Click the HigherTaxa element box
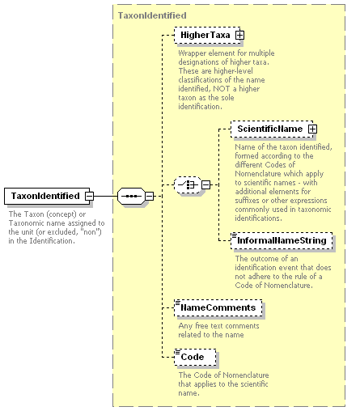[x=207, y=35]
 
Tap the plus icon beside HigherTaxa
[x=239, y=35]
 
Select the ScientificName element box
[x=272, y=129]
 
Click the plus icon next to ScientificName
[x=312, y=129]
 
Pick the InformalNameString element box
[x=282, y=240]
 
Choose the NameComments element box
[x=218, y=307]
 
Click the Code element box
[x=195, y=357]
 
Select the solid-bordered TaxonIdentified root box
[x=47, y=196]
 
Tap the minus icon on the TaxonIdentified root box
[x=89, y=196]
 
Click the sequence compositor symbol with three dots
[x=131, y=196]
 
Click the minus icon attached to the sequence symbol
[x=149, y=196]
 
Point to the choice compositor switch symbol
[x=188, y=184]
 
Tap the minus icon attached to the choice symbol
[x=205, y=184]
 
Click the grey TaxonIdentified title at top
[x=152, y=15]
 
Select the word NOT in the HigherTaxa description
[x=222, y=89]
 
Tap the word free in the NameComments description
[x=201, y=326]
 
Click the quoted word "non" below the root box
[x=91, y=232]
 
